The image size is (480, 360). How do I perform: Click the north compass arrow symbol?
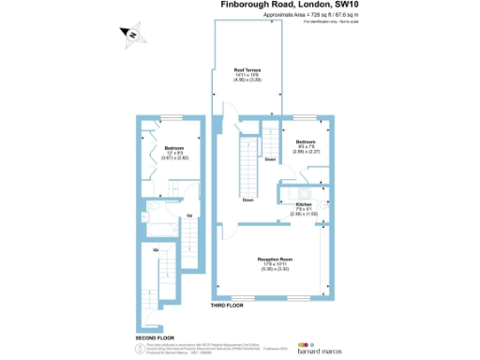coord(132,36)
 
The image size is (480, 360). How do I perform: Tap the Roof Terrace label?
coord(247,70)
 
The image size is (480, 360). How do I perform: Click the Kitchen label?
coord(304,203)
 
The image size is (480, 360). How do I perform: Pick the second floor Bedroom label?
coord(175,148)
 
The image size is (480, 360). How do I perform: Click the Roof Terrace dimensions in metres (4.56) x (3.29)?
coord(247,82)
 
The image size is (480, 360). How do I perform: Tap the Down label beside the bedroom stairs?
coord(270,160)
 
